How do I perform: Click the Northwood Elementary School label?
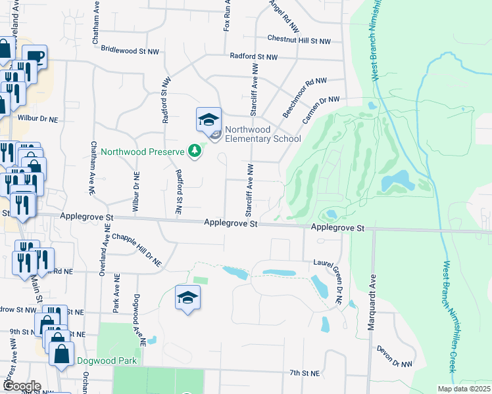pos(262,134)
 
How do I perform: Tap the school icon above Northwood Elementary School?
pos(209,120)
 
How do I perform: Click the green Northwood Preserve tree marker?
pos(194,152)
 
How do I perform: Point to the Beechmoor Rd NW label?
pos(305,97)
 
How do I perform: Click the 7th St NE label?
pos(304,373)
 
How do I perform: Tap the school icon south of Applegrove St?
pos(187,298)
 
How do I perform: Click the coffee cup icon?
pos(34,57)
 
